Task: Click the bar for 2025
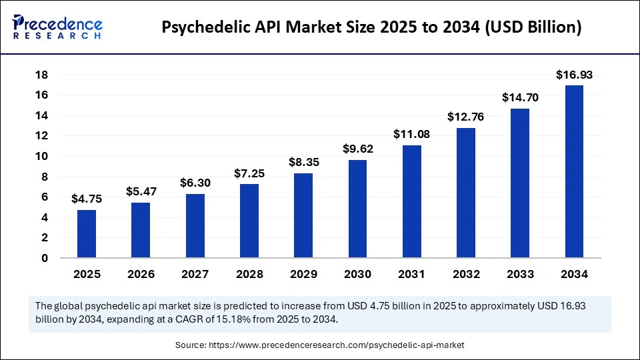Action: [87, 233]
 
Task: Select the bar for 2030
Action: [358, 209]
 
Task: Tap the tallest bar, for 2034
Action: [575, 171]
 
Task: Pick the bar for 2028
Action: [249, 221]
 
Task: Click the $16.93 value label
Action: [575, 75]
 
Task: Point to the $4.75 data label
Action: [87, 199]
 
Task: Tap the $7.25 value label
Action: [249, 173]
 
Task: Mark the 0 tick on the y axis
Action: [45, 258]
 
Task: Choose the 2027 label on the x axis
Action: [195, 274]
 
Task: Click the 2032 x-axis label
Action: [466, 274]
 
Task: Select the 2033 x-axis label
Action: [520, 274]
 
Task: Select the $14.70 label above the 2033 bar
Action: [520, 98]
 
